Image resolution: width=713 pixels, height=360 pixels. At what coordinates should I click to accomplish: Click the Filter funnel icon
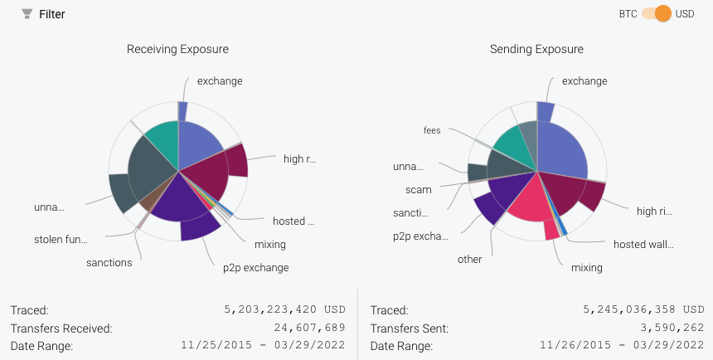[x=27, y=14]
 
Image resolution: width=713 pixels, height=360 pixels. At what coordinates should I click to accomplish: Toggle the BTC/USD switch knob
[x=662, y=14]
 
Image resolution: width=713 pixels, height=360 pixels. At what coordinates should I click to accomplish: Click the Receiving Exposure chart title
[x=177, y=49]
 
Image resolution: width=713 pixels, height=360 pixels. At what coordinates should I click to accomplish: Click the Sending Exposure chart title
[x=536, y=49]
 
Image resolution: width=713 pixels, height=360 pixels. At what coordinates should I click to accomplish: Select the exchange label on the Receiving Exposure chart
[x=220, y=81]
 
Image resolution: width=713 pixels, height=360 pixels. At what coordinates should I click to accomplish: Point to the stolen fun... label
[x=61, y=240]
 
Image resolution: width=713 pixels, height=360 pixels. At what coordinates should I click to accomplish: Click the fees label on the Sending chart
[x=432, y=130]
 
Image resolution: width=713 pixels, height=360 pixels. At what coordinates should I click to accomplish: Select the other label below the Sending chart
[x=469, y=260]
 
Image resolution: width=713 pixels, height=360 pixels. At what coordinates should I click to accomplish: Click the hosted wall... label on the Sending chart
[x=643, y=245]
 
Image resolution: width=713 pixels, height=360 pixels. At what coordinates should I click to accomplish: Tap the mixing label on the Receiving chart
[x=270, y=244]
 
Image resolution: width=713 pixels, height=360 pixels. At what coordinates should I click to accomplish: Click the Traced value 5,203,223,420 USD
[x=284, y=310]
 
